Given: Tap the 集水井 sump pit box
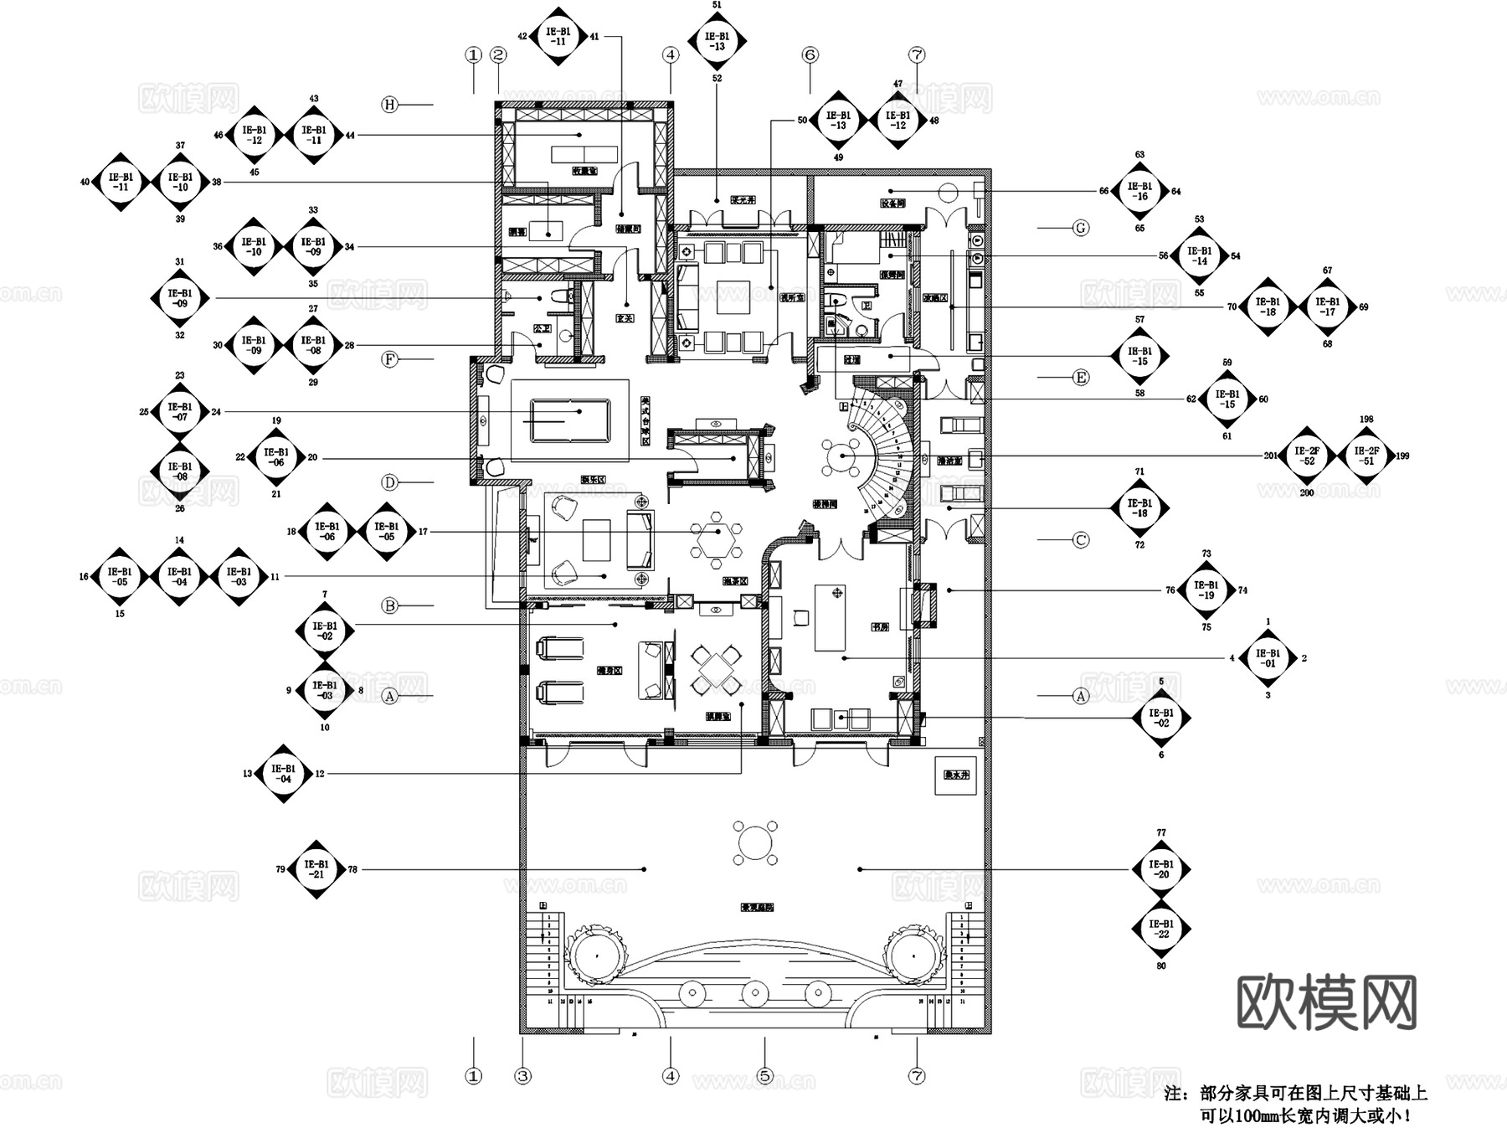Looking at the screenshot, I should coord(955,775).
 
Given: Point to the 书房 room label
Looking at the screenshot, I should coord(879,626).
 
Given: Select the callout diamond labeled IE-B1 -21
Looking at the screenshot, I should coord(316,869).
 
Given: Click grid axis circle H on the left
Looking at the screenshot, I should coord(389,105).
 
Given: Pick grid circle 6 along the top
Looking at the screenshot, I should coord(810,55).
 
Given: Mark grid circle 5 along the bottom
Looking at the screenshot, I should coord(764,1076).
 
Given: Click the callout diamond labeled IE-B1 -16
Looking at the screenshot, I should coord(1139,191).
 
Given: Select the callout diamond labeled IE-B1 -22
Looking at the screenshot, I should coord(1161,929).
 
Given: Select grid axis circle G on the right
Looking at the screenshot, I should coord(1081,228).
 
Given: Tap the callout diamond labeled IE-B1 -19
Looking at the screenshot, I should coord(1206,590).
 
